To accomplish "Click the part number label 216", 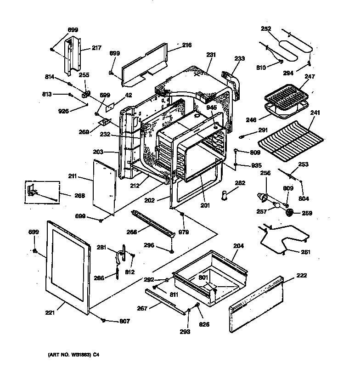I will pos(186,45).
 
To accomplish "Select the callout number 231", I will pos(211,55).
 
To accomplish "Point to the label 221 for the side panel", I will pos(50,313).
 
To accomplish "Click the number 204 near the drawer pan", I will pos(238,246).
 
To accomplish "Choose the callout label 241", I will pos(315,112).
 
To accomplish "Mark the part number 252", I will pos(266,28).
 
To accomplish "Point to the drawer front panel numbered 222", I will pos(255,304).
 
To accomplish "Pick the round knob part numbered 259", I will pos(290,213).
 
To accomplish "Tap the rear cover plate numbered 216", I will pos(145,63).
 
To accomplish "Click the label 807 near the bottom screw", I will pos(124,321).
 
